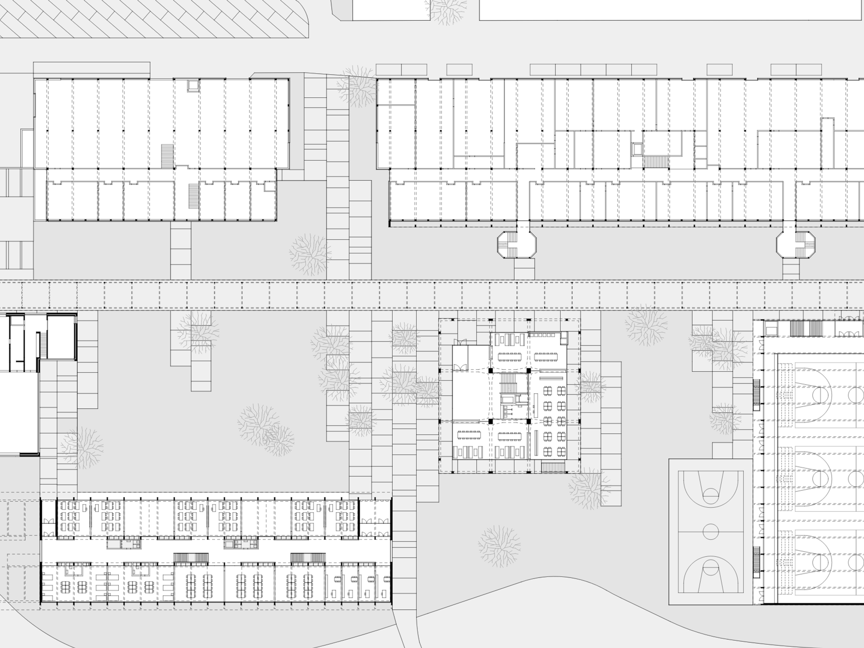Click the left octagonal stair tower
pos(516,245)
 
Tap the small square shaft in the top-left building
pos(193,85)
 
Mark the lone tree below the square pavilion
pos(499,546)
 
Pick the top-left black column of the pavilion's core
pos(490,370)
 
